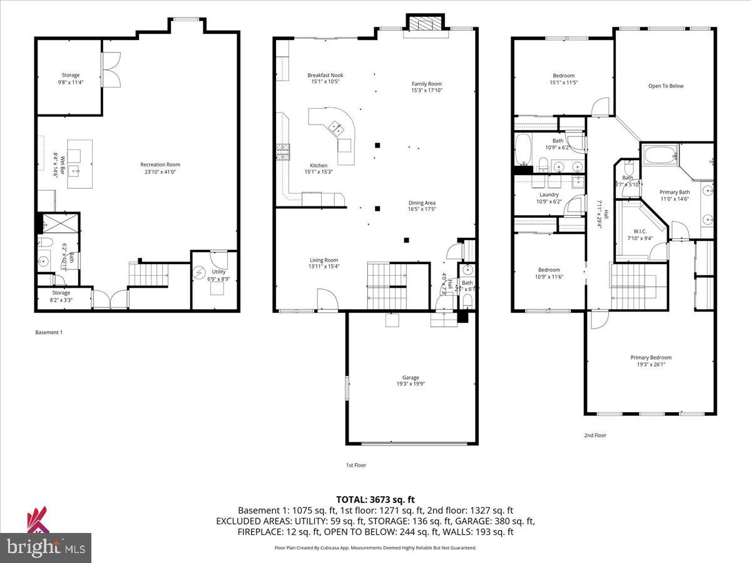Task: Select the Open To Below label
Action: coord(666,86)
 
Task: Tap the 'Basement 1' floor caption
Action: coord(49,333)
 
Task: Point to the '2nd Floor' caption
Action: coord(595,435)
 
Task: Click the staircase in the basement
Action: coord(149,274)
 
